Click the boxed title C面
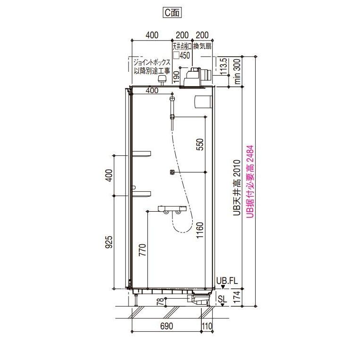(x=172, y=12)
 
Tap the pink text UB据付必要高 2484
(x=250, y=181)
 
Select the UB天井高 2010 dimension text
(x=237, y=188)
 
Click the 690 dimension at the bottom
(x=166, y=326)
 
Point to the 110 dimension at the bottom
(x=207, y=326)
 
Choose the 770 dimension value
(x=142, y=250)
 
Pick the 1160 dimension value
(x=200, y=230)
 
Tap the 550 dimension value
(x=200, y=145)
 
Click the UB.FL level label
(x=227, y=281)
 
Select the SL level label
(x=222, y=299)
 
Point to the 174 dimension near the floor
(x=237, y=297)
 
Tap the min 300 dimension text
(x=237, y=71)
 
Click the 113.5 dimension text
(x=223, y=66)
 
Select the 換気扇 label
(x=202, y=46)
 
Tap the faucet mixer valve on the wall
(x=172, y=209)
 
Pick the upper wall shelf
(x=141, y=154)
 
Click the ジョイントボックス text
(x=152, y=62)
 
